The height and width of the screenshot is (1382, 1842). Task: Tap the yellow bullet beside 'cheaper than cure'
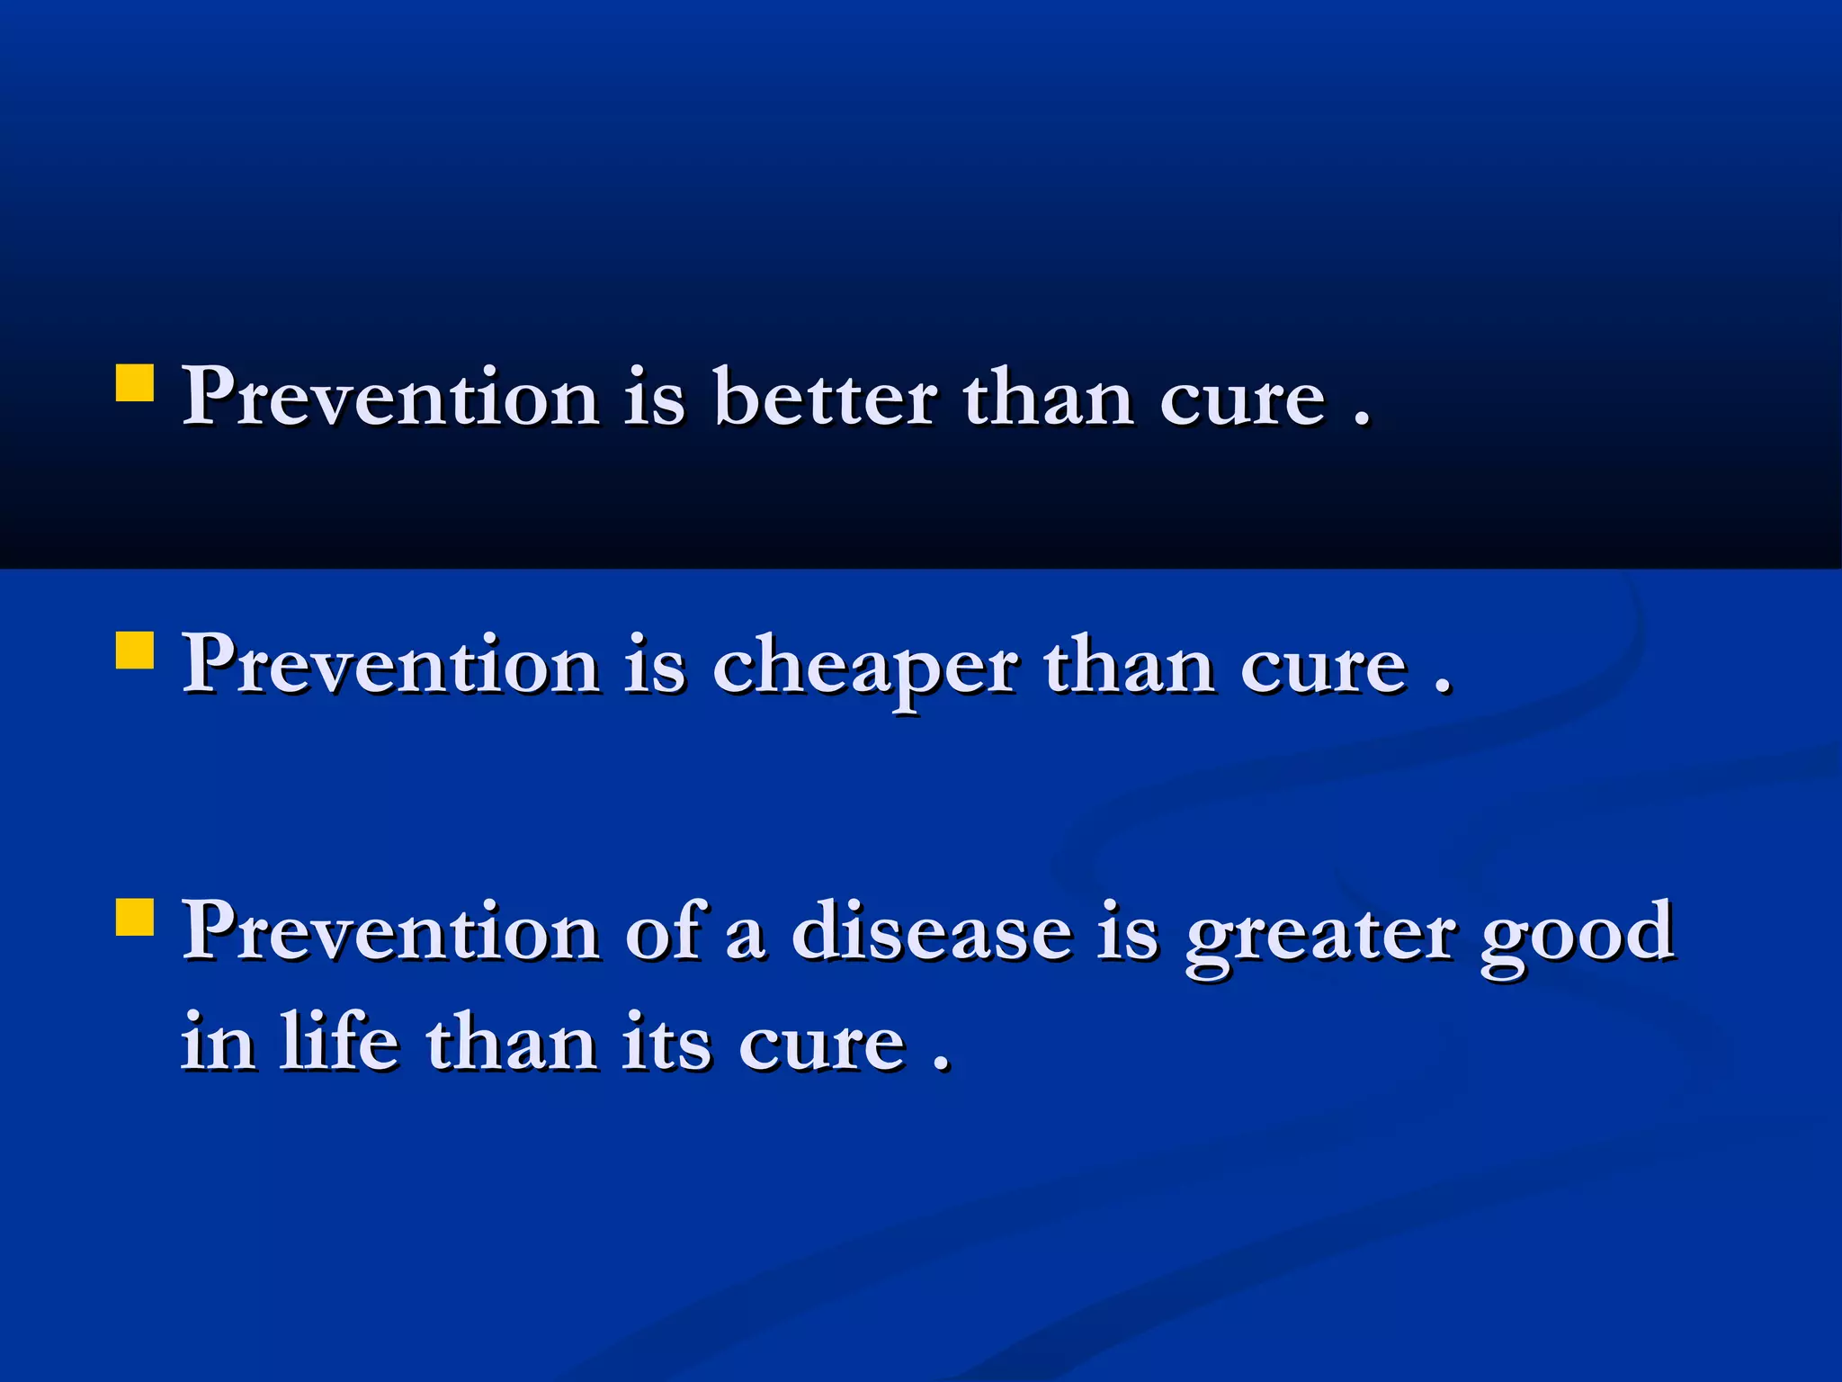tap(135, 650)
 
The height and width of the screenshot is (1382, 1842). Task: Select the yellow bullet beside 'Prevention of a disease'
tap(135, 917)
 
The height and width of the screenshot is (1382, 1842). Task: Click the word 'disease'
tap(932, 932)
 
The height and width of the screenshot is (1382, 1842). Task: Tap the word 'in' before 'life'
tap(217, 1043)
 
